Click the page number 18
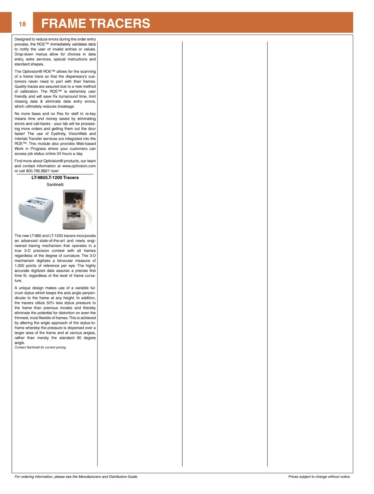[x=22, y=24]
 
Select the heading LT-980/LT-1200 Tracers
[x=55, y=178]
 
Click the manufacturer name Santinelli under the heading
[x=55, y=184]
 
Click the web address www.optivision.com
[x=79, y=166]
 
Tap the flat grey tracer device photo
[x=36, y=209]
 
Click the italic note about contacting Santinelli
[x=41, y=347]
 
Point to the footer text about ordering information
[x=76, y=477]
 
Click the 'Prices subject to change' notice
[x=319, y=477]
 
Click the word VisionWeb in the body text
[x=78, y=134]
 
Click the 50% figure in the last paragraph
[x=50, y=303]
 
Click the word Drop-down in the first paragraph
[x=24, y=54]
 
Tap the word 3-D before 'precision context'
[x=27, y=251]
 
